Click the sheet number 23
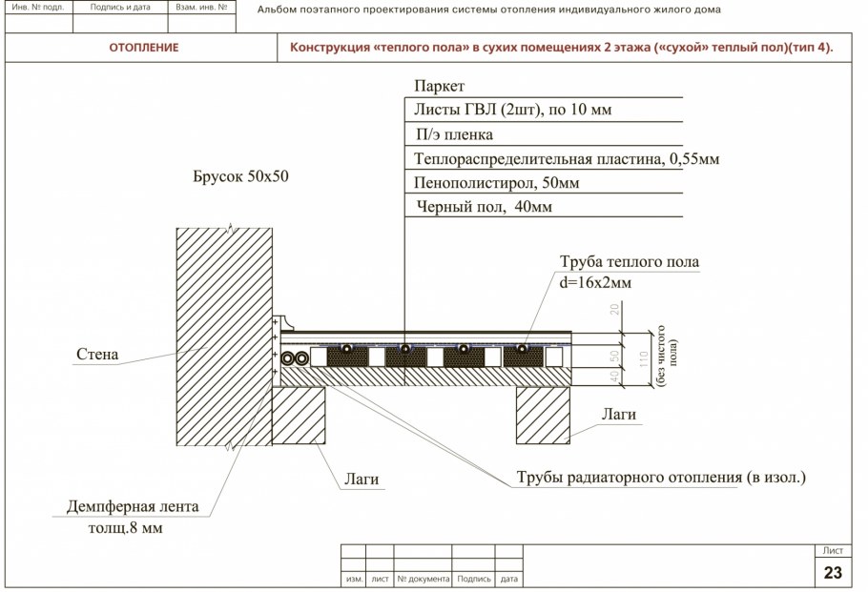pos(833,572)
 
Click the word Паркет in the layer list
pos(440,86)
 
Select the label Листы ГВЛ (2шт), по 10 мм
pos(512,110)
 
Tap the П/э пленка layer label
pos(454,134)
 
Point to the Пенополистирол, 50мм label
pos(497,182)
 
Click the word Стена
pos(97,355)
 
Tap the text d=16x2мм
pos(596,282)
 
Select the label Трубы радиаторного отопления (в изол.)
pos(661,477)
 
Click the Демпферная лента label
pos(133,506)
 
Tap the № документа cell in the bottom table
pos(423,579)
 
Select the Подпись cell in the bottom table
pos(474,579)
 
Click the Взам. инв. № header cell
pos(202,7)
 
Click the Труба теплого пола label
pos(629,261)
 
